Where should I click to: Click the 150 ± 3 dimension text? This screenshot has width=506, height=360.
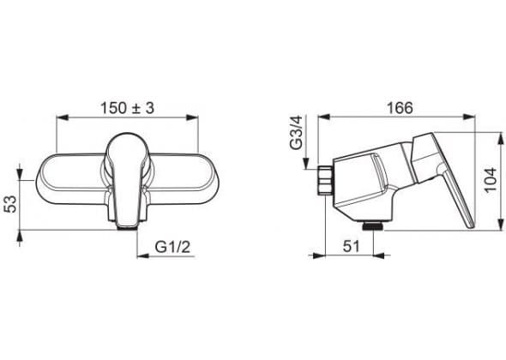click(127, 108)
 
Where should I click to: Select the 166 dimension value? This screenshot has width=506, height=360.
click(400, 108)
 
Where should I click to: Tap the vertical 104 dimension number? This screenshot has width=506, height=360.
click(491, 180)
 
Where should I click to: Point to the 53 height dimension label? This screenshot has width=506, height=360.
click(10, 204)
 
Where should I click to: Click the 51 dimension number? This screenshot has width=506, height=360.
click(351, 247)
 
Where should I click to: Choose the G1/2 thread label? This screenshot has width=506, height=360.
click(172, 248)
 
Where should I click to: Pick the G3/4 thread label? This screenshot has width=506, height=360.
click(296, 133)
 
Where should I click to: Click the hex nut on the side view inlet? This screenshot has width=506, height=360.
click(325, 181)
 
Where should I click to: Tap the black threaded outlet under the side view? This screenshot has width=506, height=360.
click(373, 227)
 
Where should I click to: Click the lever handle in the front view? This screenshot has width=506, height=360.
click(127, 179)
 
